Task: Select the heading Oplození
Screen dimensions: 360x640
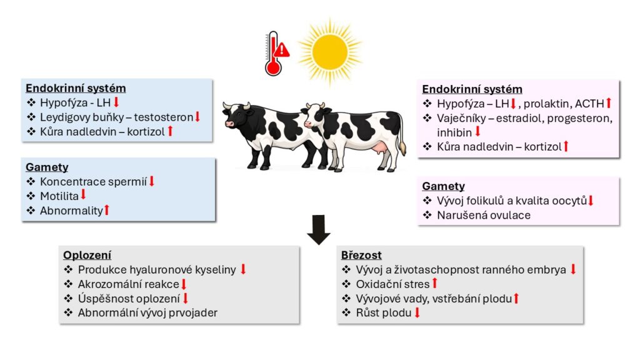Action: (87, 255)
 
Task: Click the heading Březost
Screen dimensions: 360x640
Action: (361, 255)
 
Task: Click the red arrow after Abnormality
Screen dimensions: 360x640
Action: (106, 211)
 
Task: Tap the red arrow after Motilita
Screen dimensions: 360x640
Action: (83, 196)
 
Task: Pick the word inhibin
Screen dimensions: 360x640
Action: (455, 132)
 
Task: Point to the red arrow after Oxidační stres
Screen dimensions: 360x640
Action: (434, 284)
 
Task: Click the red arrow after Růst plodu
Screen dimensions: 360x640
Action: (417, 312)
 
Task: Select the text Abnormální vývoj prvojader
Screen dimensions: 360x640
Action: (147, 313)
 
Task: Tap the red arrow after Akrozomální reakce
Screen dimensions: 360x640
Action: (184, 284)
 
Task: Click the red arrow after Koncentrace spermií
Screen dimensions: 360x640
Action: (151, 181)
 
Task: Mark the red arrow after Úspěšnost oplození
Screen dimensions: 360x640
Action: (186, 299)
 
